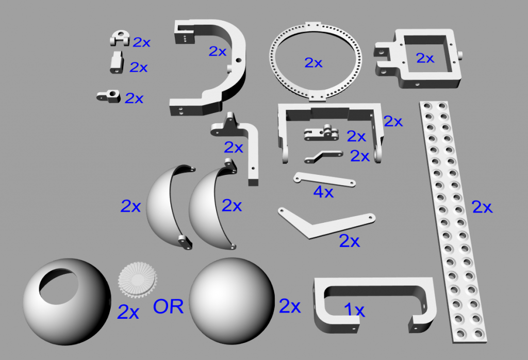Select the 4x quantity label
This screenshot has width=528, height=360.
[323, 192]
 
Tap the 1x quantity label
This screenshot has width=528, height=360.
[354, 310]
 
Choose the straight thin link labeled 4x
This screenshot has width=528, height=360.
[323, 180]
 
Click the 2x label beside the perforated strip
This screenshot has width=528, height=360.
[483, 207]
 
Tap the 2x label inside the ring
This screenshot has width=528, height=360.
[313, 63]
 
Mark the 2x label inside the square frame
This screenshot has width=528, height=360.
[425, 58]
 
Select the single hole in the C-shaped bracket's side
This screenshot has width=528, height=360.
[238, 60]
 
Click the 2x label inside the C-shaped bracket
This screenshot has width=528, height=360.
[217, 51]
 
